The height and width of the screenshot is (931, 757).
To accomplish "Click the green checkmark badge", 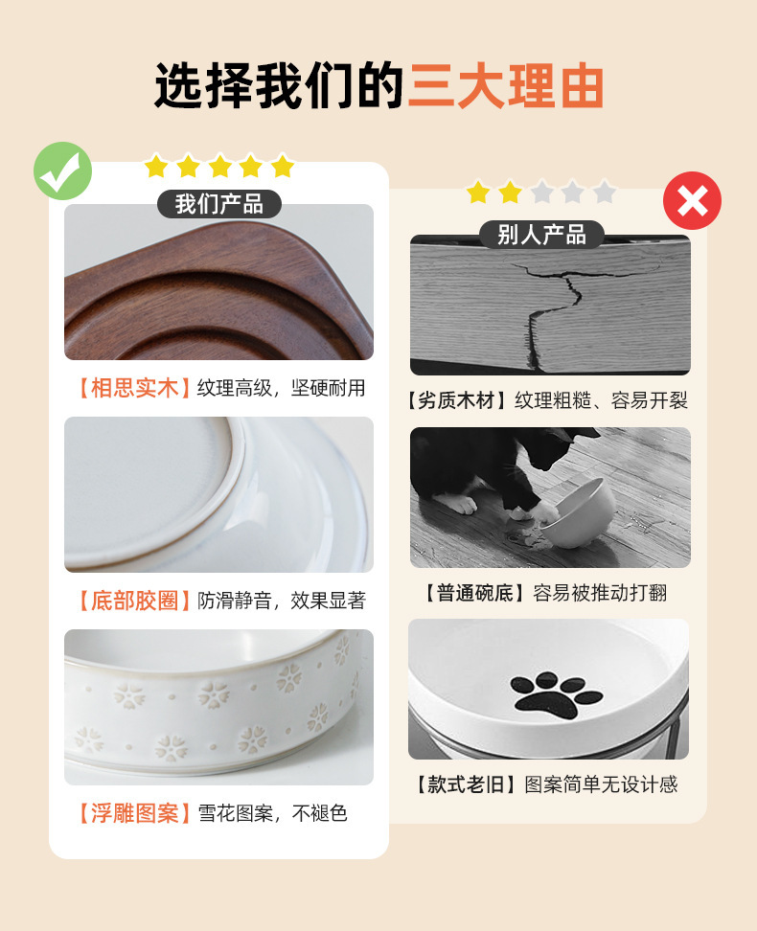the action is pos(63,171).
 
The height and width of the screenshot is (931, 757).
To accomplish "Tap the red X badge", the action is pos(692,201).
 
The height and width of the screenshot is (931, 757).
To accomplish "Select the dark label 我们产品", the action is pos(219,204).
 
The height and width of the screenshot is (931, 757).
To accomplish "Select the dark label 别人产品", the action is pos(542,235).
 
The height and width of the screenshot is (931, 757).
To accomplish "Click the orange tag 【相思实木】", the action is pos(135,388).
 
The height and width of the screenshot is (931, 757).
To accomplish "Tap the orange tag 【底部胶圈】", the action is pos(135,601).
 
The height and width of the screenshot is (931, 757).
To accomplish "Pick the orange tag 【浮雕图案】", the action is pos(135,813).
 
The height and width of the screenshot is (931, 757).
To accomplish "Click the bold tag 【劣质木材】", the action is pos(456,400).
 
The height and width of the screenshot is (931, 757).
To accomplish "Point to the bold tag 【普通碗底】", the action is pos(474,593).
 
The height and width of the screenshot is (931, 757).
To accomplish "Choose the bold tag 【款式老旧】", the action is pos(466,785).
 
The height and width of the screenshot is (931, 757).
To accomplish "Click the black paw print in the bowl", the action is pos(555,695).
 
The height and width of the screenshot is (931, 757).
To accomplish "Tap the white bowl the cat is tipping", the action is pos(579,513).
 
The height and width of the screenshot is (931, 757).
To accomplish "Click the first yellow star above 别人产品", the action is pos(478,193).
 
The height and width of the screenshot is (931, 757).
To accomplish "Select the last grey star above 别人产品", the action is pos(605,193).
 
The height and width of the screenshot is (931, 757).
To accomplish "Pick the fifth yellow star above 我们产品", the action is pos(283,166).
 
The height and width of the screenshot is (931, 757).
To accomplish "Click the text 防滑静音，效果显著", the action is pos(282,601).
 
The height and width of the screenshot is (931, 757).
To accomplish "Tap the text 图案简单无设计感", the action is pos(601,785).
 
